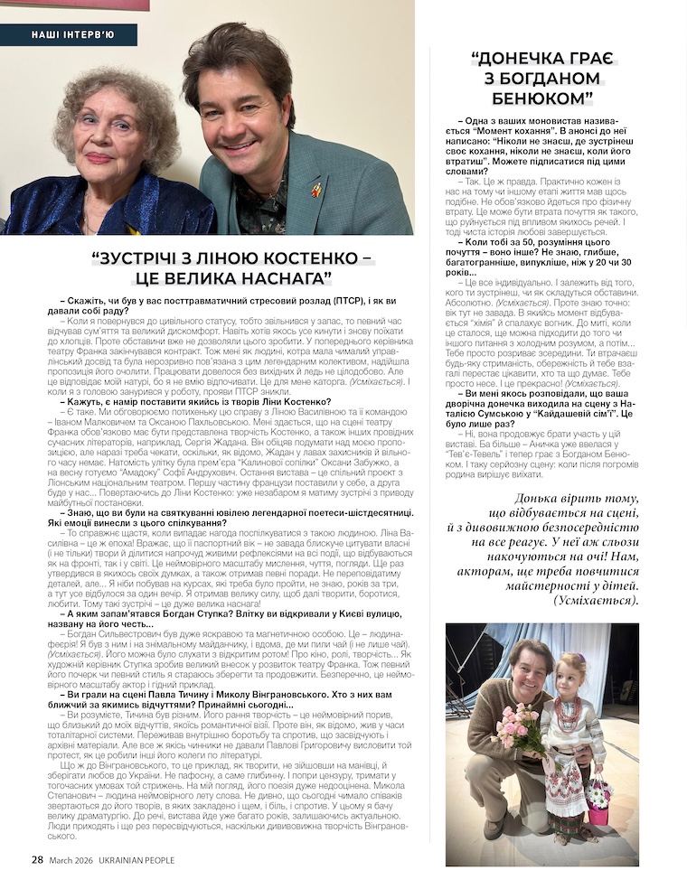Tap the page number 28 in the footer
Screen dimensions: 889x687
pos(37,860)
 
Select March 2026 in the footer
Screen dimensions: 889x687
pos(69,860)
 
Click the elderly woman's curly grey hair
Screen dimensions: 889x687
pos(113,99)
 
